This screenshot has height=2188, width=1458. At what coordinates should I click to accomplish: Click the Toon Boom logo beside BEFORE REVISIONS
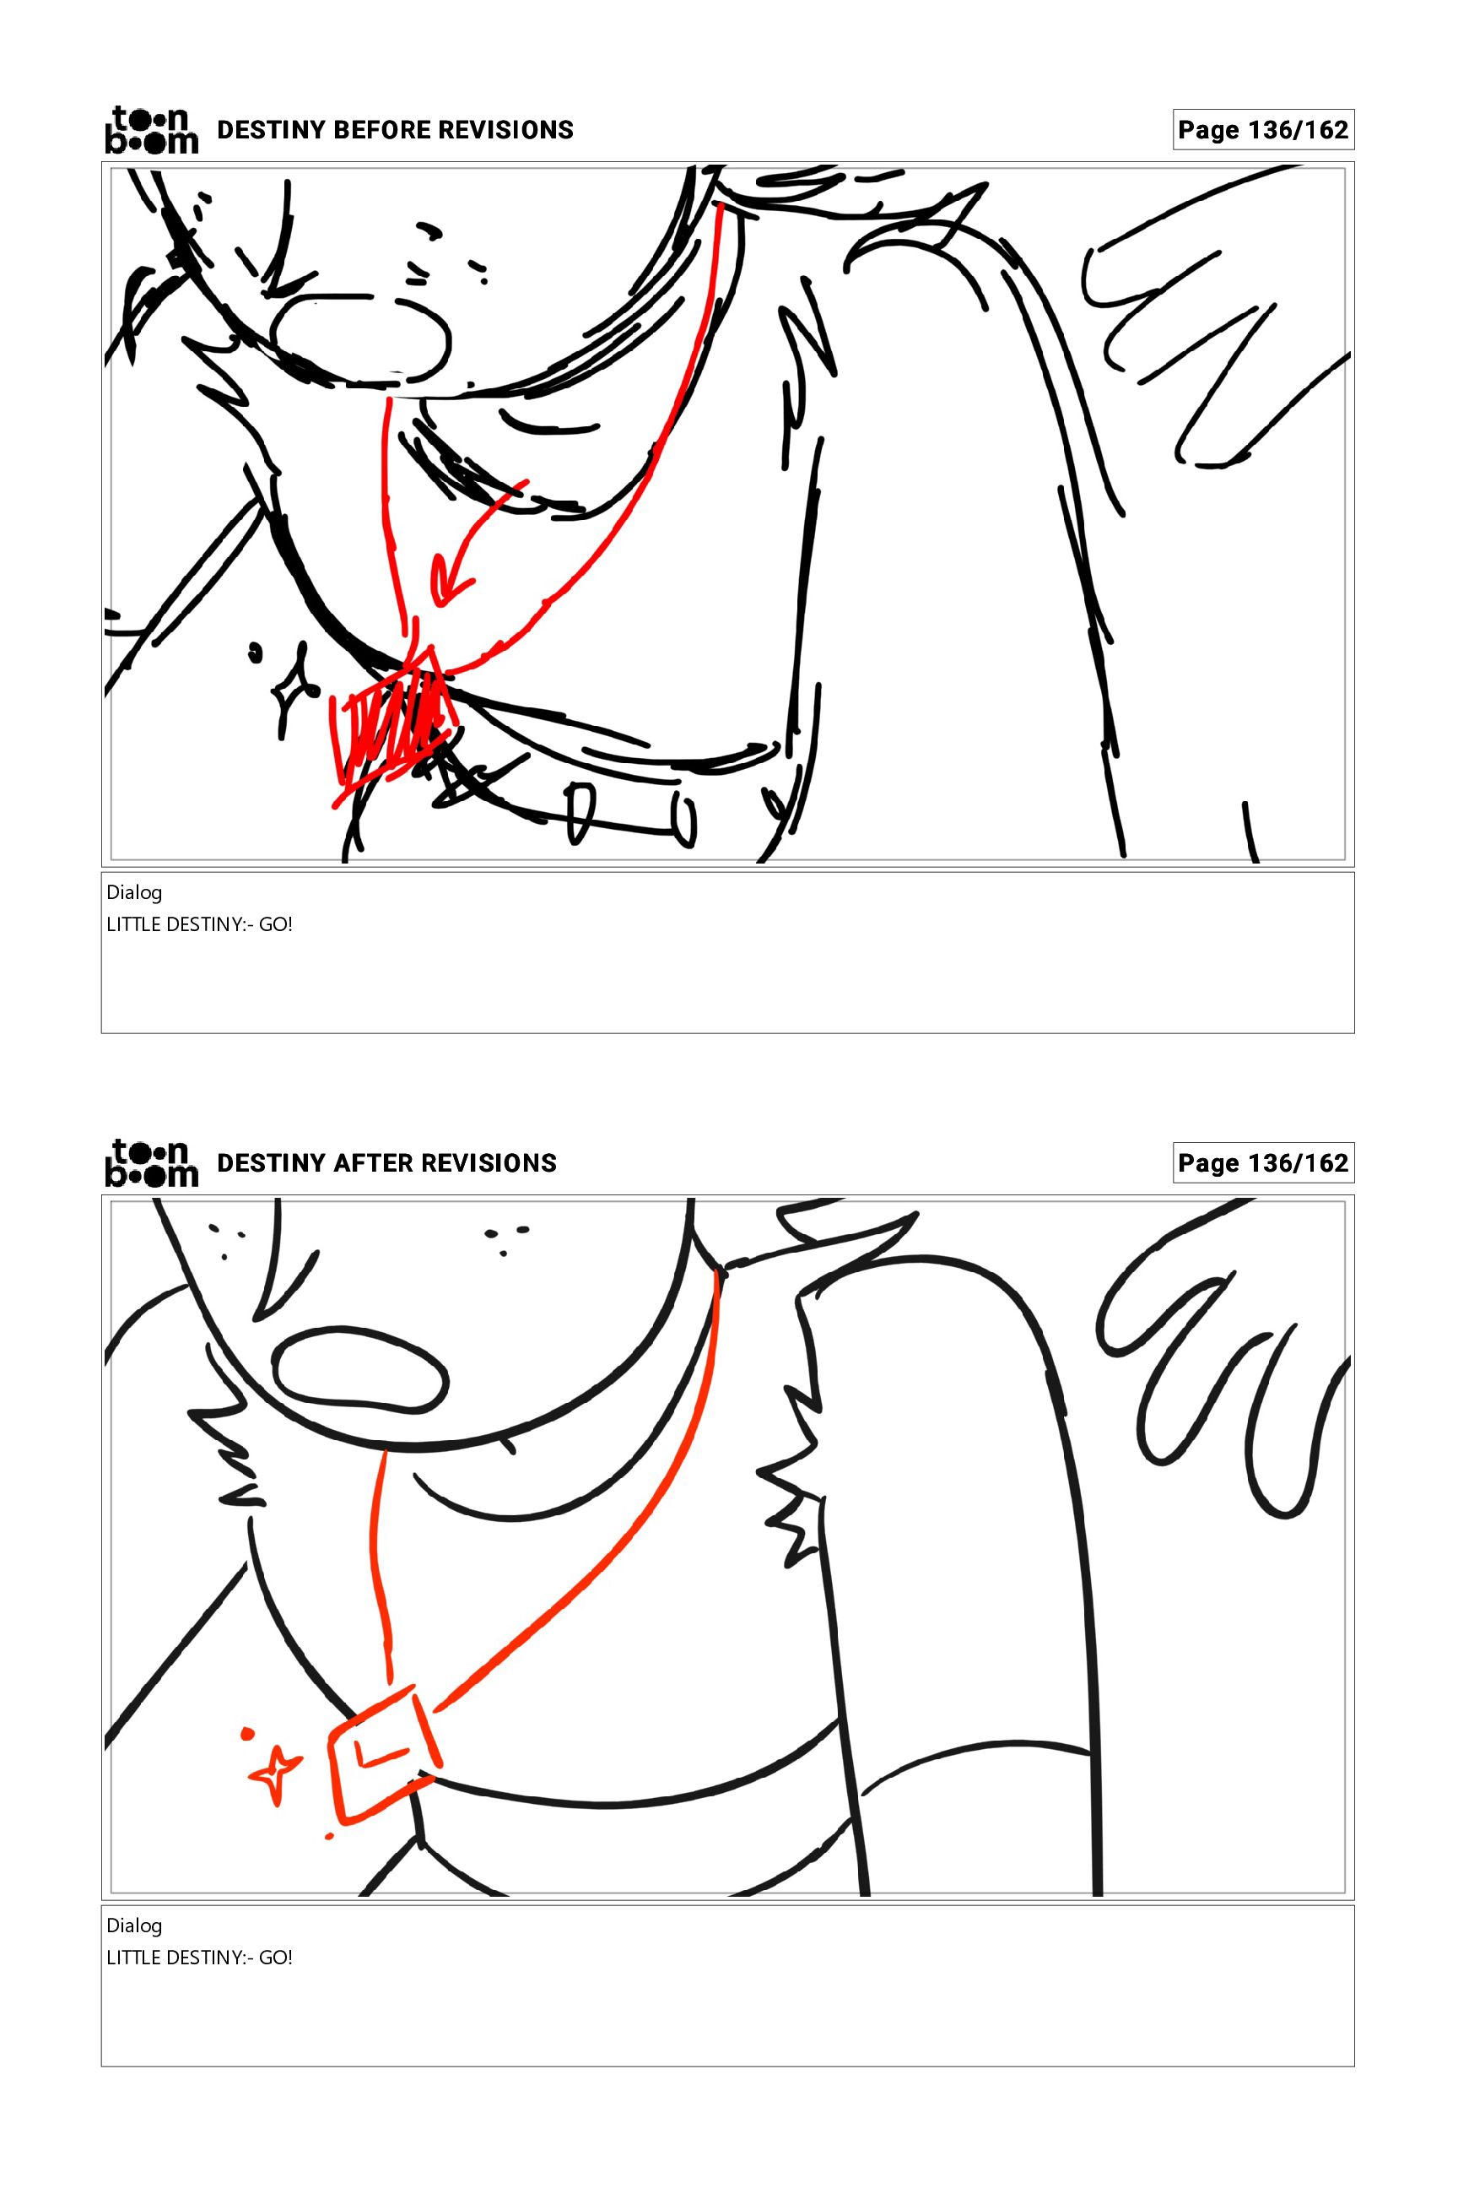coord(152,129)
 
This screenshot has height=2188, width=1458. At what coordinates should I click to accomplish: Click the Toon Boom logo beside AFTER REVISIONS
coord(152,1163)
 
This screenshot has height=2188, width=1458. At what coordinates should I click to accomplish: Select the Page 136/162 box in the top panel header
coord(1263,129)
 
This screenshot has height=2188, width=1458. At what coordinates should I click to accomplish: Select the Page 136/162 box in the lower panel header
coord(1263,1163)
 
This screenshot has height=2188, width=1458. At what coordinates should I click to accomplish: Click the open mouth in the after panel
coord(362,1370)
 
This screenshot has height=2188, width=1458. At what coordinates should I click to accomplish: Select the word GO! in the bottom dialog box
coord(276,1958)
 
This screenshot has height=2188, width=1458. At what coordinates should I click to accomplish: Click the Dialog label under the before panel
coord(134,893)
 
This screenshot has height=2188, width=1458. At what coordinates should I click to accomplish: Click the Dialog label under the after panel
coord(134,1925)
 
